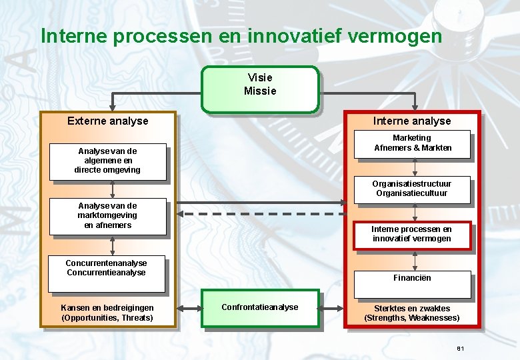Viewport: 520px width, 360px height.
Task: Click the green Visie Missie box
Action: (x=260, y=89)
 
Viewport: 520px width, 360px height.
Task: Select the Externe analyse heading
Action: (x=108, y=121)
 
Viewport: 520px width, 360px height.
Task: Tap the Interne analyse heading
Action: (x=411, y=121)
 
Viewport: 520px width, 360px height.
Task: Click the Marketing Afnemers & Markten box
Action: (x=412, y=143)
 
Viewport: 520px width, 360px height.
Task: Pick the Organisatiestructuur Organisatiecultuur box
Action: (x=411, y=189)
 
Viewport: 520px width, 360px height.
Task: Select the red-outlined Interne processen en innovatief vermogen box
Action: (x=411, y=234)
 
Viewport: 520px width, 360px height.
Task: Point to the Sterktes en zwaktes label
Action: (x=411, y=309)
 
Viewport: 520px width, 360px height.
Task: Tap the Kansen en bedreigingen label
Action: (x=107, y=308)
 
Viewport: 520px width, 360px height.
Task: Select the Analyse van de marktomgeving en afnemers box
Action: (x=107, y=216)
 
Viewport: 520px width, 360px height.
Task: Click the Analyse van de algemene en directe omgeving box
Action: (x=107, y=161)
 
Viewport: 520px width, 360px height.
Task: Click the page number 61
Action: (x=461, y=349)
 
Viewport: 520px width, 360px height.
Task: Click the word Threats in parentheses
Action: (x=137, y=318)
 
